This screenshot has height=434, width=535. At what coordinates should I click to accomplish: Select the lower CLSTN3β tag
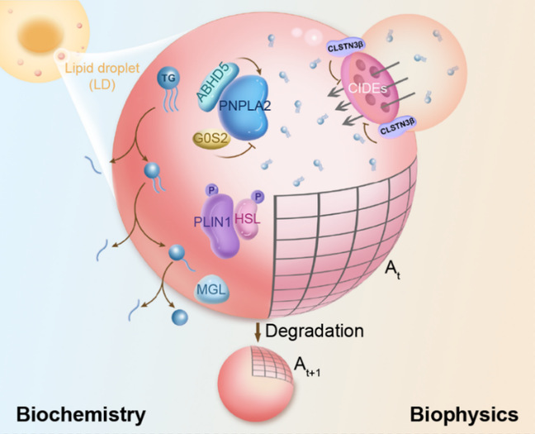point(400,131)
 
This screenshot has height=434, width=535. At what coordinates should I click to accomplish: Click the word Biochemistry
point(82,413)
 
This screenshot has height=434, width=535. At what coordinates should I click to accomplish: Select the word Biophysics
point(467,413)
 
